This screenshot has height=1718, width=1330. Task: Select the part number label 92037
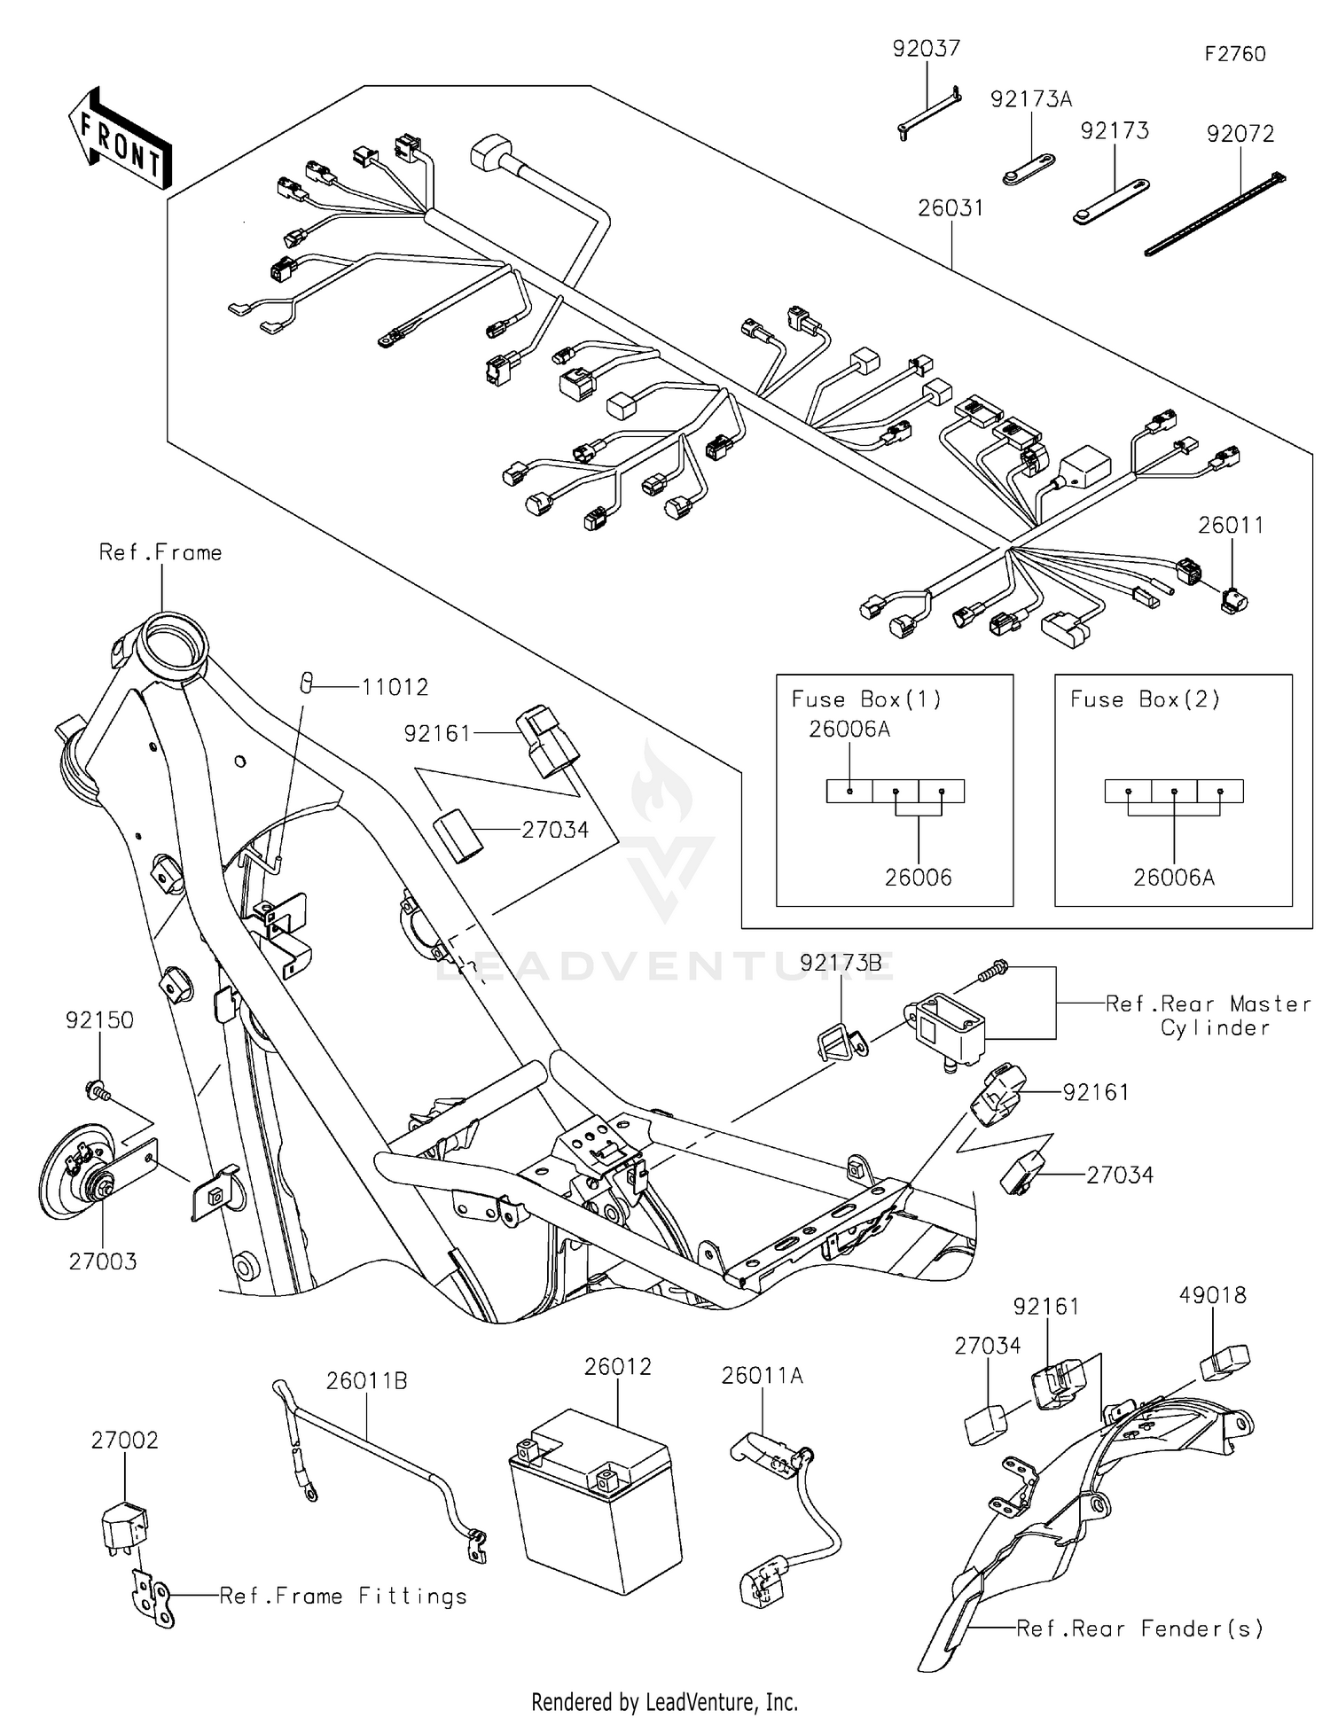coord(926,49)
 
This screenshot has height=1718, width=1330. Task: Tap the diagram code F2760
coord(1234,54)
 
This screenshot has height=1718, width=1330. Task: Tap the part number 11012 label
coord(395,687)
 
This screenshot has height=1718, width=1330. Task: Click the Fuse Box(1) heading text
coord(866,699)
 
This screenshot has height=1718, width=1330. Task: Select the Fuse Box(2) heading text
coord(1145,699)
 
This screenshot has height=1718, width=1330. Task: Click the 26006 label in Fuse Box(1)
coord(918,878)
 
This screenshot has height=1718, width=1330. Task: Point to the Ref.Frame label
coord(160,552)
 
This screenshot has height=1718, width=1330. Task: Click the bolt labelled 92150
coord(96,1088)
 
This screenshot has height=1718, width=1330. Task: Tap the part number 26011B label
coord(366,1381)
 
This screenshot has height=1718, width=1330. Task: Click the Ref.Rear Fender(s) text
coord(1139,1628)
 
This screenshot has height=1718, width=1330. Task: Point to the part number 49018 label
coord(1212,1295)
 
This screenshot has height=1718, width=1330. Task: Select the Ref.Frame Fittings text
coord(343,1597)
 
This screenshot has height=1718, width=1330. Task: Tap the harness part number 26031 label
coord(950,208)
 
